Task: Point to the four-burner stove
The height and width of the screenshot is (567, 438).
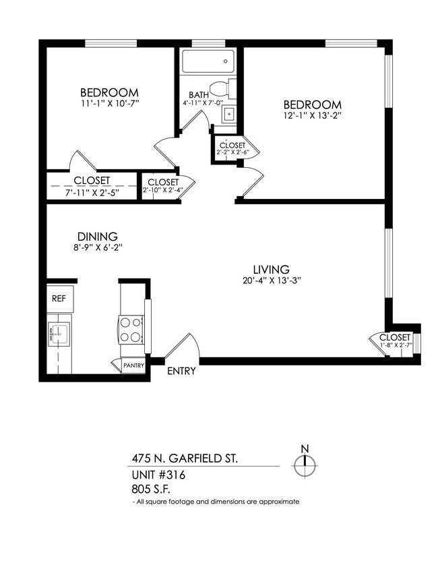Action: coord(131,330)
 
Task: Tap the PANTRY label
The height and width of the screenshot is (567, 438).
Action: coord(133,366)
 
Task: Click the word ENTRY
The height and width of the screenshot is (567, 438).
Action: coord(181,371)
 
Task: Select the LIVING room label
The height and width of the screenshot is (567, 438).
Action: coord(272,268)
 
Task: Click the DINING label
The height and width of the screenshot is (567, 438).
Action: coord(98,237)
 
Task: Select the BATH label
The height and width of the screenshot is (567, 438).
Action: coord(198,95)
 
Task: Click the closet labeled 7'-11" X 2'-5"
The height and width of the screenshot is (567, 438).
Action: coord(92,187)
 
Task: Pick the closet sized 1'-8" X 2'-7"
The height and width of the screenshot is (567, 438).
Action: coord(394,341)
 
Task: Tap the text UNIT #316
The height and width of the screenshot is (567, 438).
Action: coord(158,475)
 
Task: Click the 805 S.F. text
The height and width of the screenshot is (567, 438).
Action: coord(152,489)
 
